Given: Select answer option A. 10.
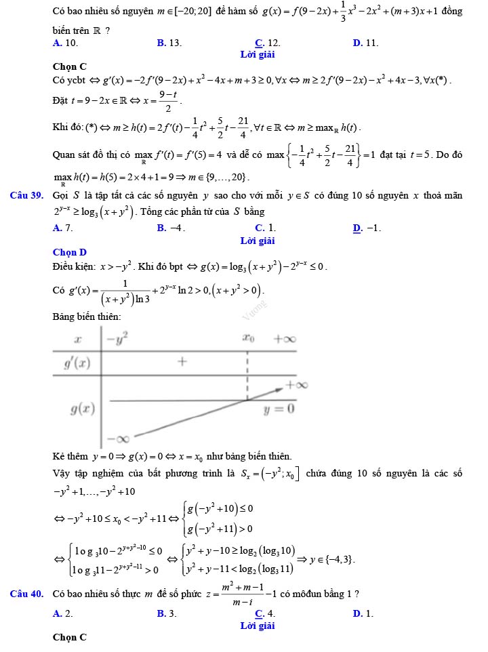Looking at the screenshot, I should (65, 43).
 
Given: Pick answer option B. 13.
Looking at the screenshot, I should (169, 43).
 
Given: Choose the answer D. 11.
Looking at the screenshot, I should (365, 43).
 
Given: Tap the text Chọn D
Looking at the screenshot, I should (69, 252).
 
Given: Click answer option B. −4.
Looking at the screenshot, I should (171, 228).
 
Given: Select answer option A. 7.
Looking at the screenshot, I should (63, 228).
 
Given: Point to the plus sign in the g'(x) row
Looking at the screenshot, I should (182, 362).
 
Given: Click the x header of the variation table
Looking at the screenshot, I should (78, 338).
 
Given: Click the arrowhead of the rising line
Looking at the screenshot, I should (280, 390).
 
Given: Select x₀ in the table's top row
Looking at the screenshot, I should (249, 338).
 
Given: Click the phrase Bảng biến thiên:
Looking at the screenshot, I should (87, 316).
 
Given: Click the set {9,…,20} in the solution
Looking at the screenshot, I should (230, 178).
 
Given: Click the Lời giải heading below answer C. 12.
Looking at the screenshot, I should (257, 54).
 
